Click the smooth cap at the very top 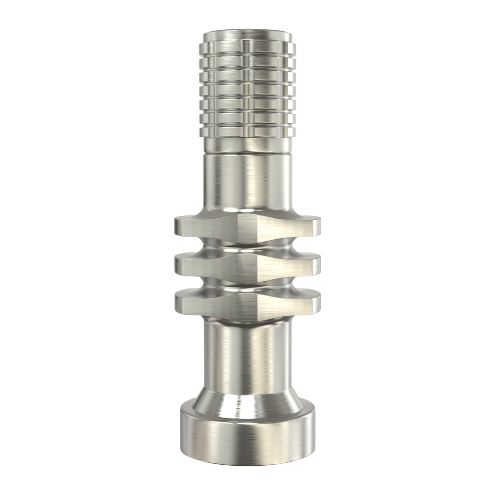pyautogui.click(x=247, y=37)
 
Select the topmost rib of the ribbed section pyautogui.click(x=247, y=49)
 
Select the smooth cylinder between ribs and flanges pyautogui.click(x=247, y=183)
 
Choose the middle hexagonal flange pyautogui.click(x=247, y=265)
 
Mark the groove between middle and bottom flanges pyautogui.click(x=247, y=283)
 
